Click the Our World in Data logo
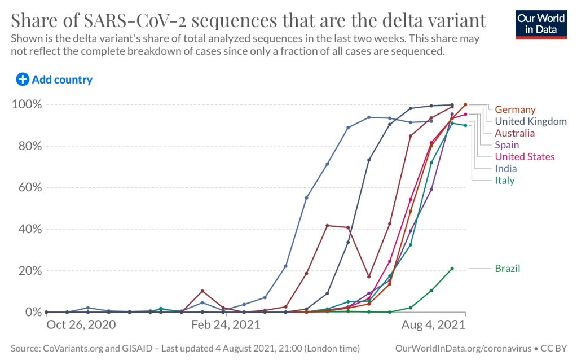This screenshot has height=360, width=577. click(x=541, y=23)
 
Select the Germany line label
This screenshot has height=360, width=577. click(x=515, y=109)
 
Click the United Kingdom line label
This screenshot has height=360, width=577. click(x=531, y=121)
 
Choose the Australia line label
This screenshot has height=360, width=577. click(x=515, y=133)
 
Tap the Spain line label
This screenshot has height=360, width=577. click(x=507, y=145)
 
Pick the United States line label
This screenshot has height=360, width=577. click(x=525, y=157)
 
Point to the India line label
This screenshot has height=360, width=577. click(x=506, y=169)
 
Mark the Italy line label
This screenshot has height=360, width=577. click(x=505, y=181)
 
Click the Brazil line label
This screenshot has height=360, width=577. click(x=508, y=269)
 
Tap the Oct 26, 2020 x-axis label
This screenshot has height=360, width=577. click(x=81, y=325)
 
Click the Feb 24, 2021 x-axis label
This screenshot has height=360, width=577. click(x=226, y=325)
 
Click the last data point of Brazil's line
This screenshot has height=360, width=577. click(x=452, y=269)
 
